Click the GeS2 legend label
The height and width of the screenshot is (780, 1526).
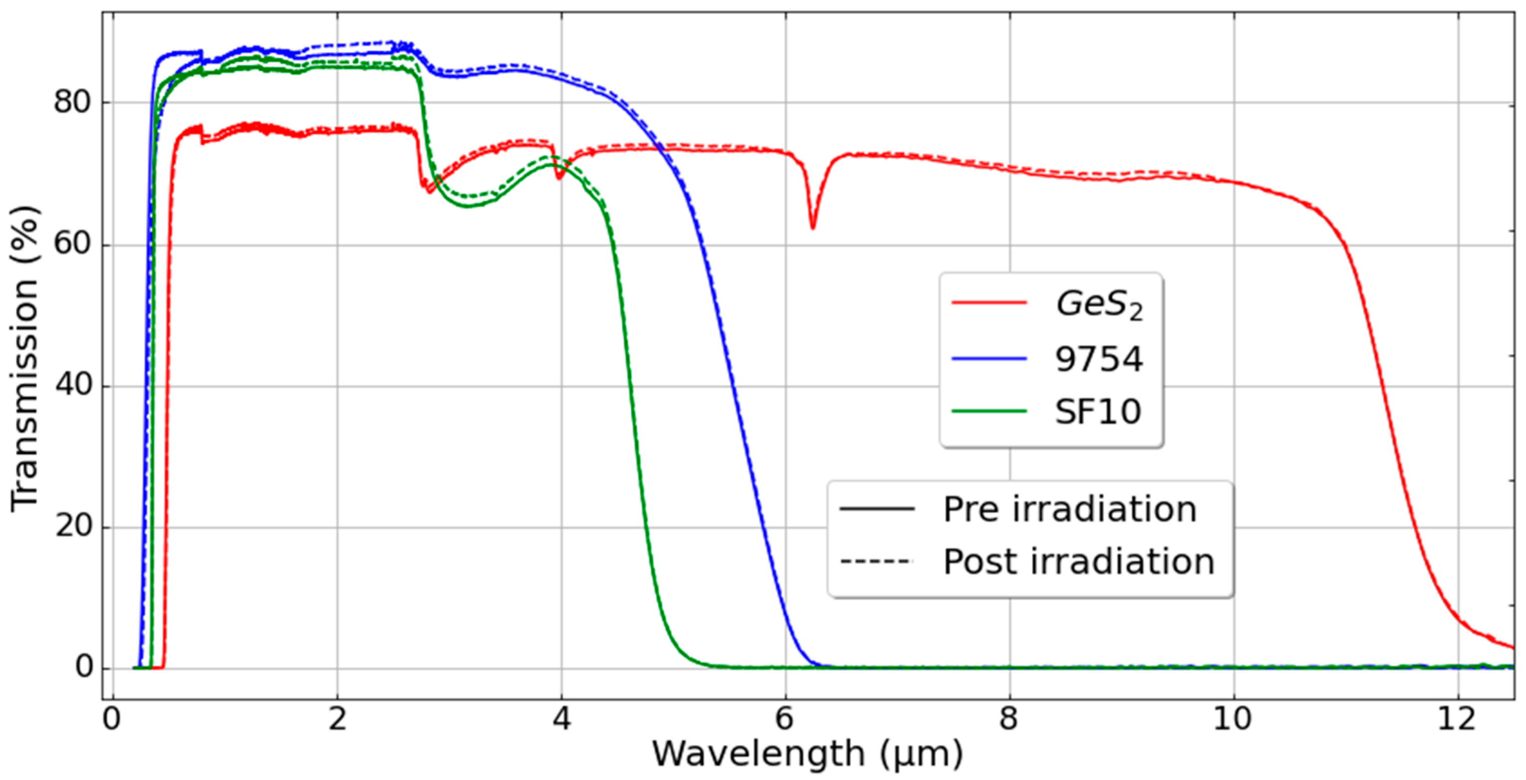(x=1099, y=306)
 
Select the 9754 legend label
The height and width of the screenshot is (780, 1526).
(x=1098, y=359)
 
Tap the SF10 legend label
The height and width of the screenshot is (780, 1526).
(x=1097, y=412)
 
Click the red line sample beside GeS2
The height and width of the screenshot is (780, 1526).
(x=989, y=303)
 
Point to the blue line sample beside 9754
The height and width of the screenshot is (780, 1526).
(x=989, y=358)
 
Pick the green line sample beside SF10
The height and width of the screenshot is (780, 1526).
(x=989, y=411)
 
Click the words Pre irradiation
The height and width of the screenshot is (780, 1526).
(x=1070, y=509)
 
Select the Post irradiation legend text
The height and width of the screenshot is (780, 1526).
(x=1079, y=561)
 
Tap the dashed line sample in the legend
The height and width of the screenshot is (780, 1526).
(x=876, y=561)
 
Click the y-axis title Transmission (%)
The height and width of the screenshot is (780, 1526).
(x=25, y=358)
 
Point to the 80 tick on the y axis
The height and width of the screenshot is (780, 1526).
(x=73, y=103)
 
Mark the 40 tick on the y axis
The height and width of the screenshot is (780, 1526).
(x=73, y=386)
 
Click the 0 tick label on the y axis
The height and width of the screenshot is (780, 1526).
(x=84, y=668)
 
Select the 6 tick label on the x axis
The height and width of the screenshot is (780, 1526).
(x=784, y=719)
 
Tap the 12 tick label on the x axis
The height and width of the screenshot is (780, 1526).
(x=1457, y=719)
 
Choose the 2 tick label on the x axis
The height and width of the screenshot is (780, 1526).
(x=337, y=719)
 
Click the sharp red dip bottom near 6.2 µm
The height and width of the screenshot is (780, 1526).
(x=812, y=227)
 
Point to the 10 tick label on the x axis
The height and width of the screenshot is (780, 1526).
(x=1233, y=719)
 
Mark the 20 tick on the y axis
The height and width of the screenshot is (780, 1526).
(x=73, y=526)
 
